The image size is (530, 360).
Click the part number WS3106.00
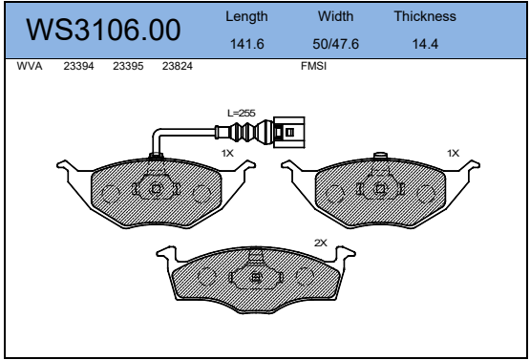coord(103,30)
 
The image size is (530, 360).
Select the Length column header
coord(246,16)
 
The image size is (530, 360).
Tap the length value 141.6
coord(246,44)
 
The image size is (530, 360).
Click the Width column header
coord(335,16)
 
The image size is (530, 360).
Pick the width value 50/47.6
coord(335,44)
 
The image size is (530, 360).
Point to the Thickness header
coord(425,16)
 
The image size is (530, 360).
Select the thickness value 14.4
coord(425,44)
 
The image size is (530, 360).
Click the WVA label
coord(30,66)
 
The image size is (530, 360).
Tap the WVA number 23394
coord(78,66)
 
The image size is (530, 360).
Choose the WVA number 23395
coord(128,66)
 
